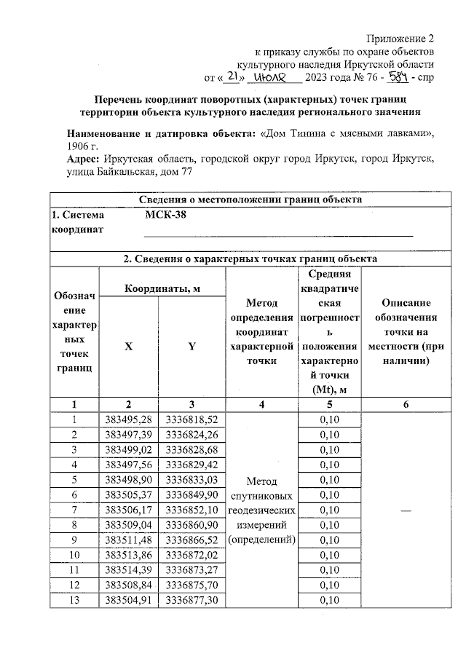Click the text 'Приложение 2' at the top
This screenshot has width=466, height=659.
tap(401, 39)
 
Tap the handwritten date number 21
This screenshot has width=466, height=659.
tap(231, 76)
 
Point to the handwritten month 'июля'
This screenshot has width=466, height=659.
tap(275, 76)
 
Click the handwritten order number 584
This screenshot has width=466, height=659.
tap(399, 76)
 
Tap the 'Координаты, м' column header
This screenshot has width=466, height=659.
tap(162, 289)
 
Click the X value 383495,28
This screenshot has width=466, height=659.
tap(128, 419)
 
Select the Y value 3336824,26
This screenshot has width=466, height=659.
tap(191, 434)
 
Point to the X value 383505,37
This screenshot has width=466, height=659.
tap(128, 494)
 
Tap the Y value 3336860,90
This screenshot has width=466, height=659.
tap(191, 524)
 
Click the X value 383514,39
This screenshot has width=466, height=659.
tap(128, 569)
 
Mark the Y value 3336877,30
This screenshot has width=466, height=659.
tap(191, 600)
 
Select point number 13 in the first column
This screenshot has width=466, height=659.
tap(74, 600)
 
